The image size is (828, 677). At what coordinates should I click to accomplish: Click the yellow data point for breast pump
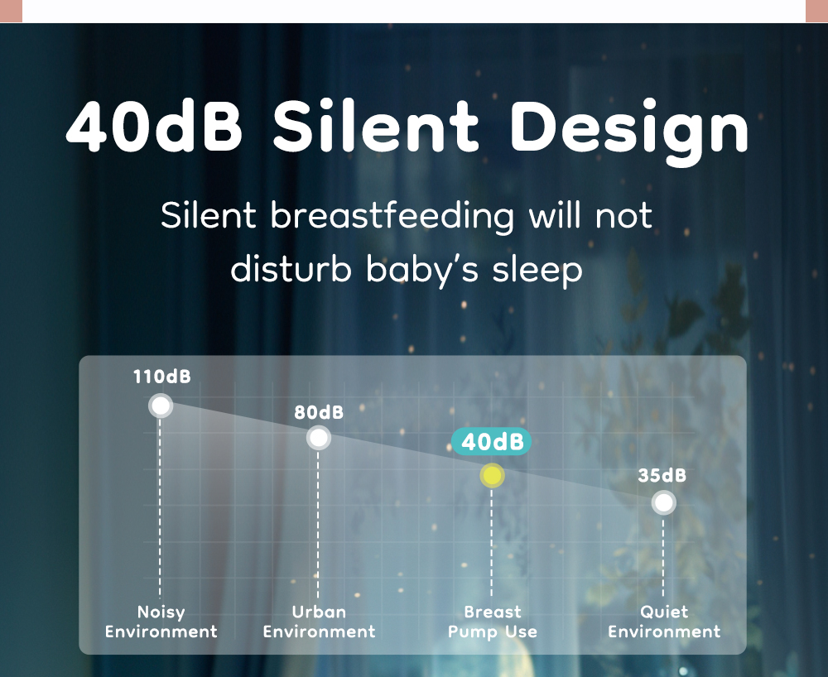pyautogui.click(x=492, y=475)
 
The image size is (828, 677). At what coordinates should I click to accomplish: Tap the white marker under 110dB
pyautogui.click(x=161, y=406)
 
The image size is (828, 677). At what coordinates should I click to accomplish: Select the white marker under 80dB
pyautogui.click(x=319, y=438)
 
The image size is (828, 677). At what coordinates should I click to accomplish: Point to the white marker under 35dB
pyautogui.click(x=663, y=502)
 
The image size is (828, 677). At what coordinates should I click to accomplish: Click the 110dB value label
pyautogui.click(x=161, y=377)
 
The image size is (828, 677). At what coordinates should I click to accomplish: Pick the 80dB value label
pyautogui.click(x=319, y=412)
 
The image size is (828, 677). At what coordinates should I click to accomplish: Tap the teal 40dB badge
pyautogui.click(x=492, y=442)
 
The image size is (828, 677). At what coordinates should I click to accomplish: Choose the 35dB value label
pyautogui.click(x=662, y=475)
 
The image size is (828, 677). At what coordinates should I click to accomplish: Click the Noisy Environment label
pyautogui.click(x=161, y=622)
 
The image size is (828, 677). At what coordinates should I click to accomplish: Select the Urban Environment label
pyautogui.click(x=319, y=622)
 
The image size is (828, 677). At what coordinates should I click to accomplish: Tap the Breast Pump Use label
pyautogui.click(x=492, y=622)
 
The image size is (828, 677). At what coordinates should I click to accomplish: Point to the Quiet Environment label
pyautogui.click(x=664, y=622)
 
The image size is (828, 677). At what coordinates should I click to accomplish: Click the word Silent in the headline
pyautogui.click(x=375, y=127)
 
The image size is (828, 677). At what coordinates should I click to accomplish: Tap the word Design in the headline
pyautogui.click(x=629, y=132)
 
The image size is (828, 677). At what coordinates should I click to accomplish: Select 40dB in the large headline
pyautogui.click(x=154, y=127)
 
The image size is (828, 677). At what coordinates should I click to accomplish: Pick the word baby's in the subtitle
pyautogui.click(x=422, y=270)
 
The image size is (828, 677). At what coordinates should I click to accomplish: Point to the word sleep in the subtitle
pyautogui.click(x=537, y=271)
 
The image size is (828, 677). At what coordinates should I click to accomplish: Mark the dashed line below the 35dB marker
pyautogui.click(x=663, y=558)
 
